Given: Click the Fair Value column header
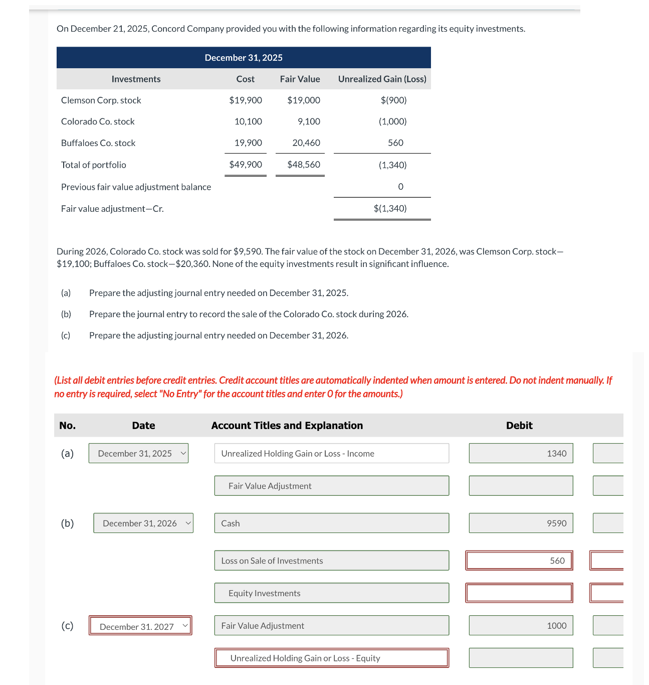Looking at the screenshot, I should point(300,79).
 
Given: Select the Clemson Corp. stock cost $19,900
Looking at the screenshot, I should point(246,100).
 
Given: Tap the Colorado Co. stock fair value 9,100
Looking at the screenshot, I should point(309,121).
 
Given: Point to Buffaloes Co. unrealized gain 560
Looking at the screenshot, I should point(395,143).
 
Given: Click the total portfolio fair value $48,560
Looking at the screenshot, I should point(304,165).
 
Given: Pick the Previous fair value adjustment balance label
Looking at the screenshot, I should point(136,187).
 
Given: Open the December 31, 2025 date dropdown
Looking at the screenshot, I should point(139,453).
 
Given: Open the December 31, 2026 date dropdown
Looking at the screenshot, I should point(143,523).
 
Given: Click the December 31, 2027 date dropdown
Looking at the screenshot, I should point(141,626).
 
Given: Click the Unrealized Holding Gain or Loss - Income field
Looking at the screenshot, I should point(331,453).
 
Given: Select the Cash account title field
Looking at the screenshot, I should point(331,523).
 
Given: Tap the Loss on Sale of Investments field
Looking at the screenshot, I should point(331,561).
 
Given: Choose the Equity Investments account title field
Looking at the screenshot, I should point(331,593).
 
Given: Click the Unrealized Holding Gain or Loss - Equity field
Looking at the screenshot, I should point(331,658).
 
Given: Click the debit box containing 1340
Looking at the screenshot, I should point(521,453).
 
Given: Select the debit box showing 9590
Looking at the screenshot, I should point(521,523).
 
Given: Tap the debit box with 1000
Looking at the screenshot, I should point(521,626).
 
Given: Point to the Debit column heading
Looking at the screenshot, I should point(519,426).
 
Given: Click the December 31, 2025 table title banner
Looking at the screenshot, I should point(244,58).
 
